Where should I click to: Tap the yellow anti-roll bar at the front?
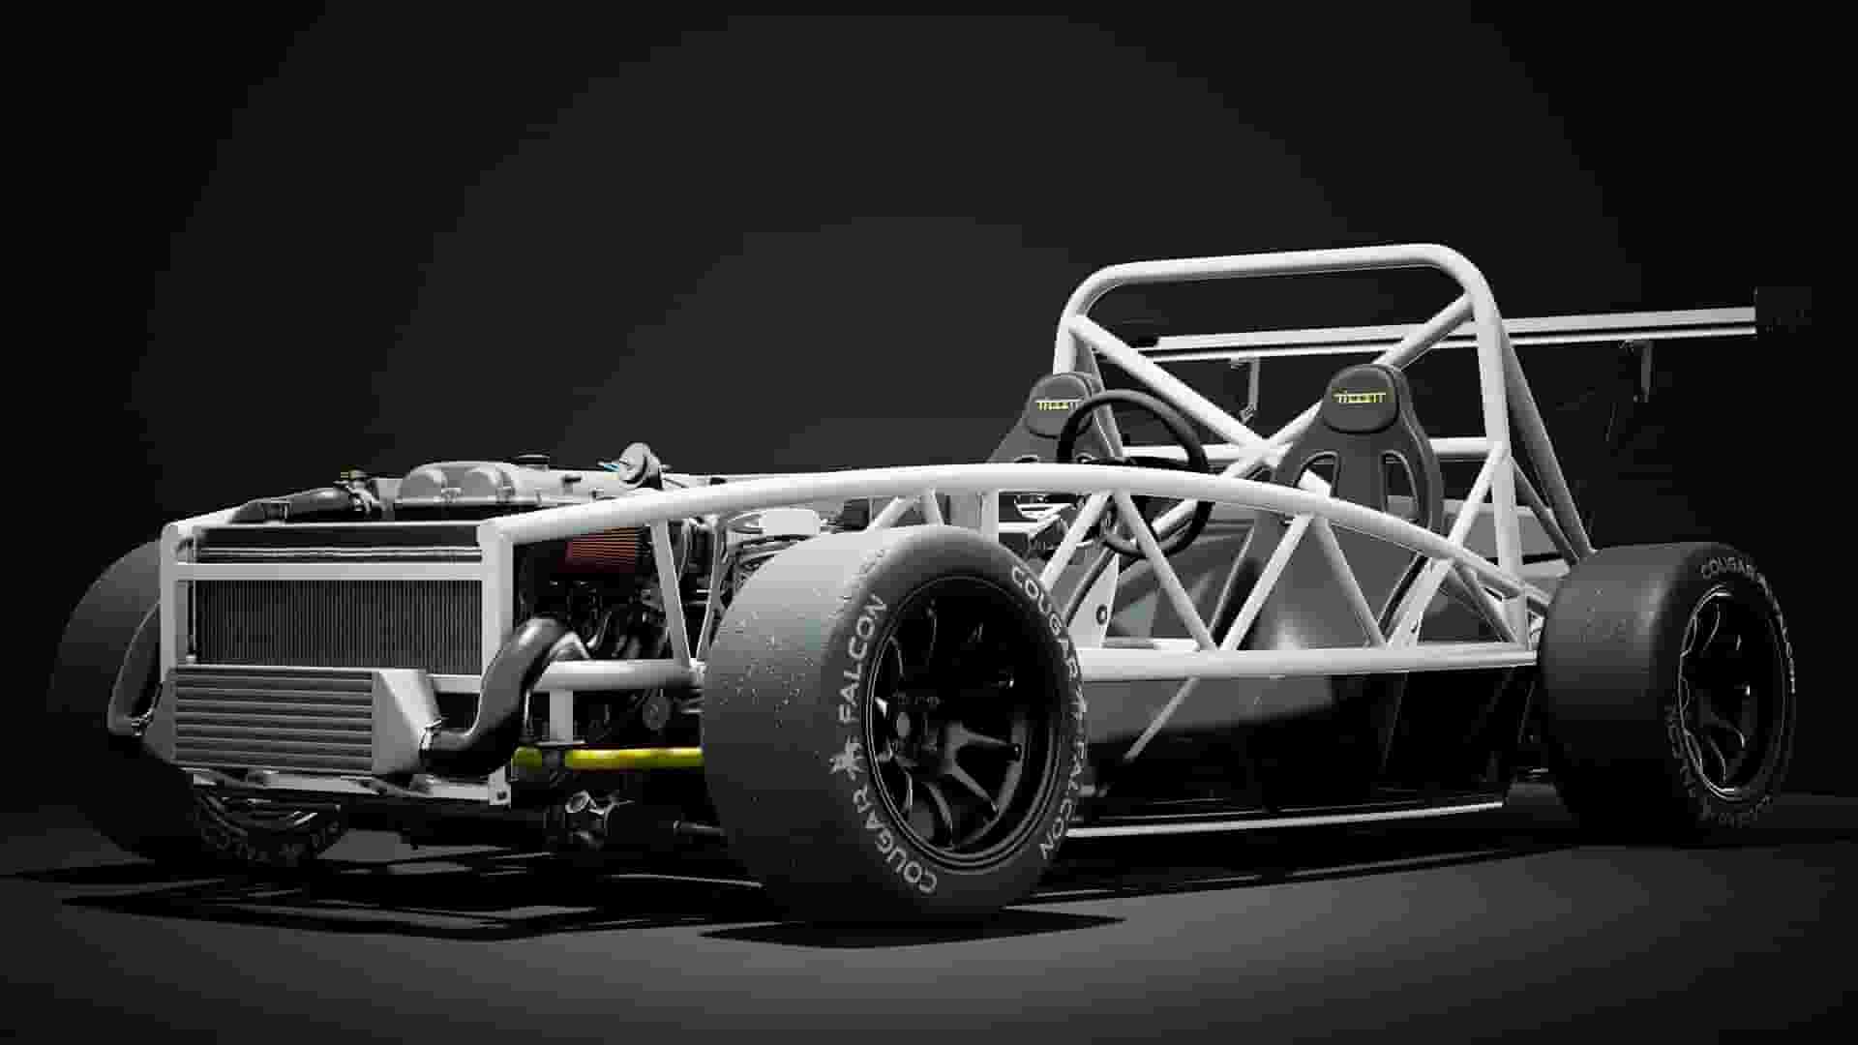coord(619,758)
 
